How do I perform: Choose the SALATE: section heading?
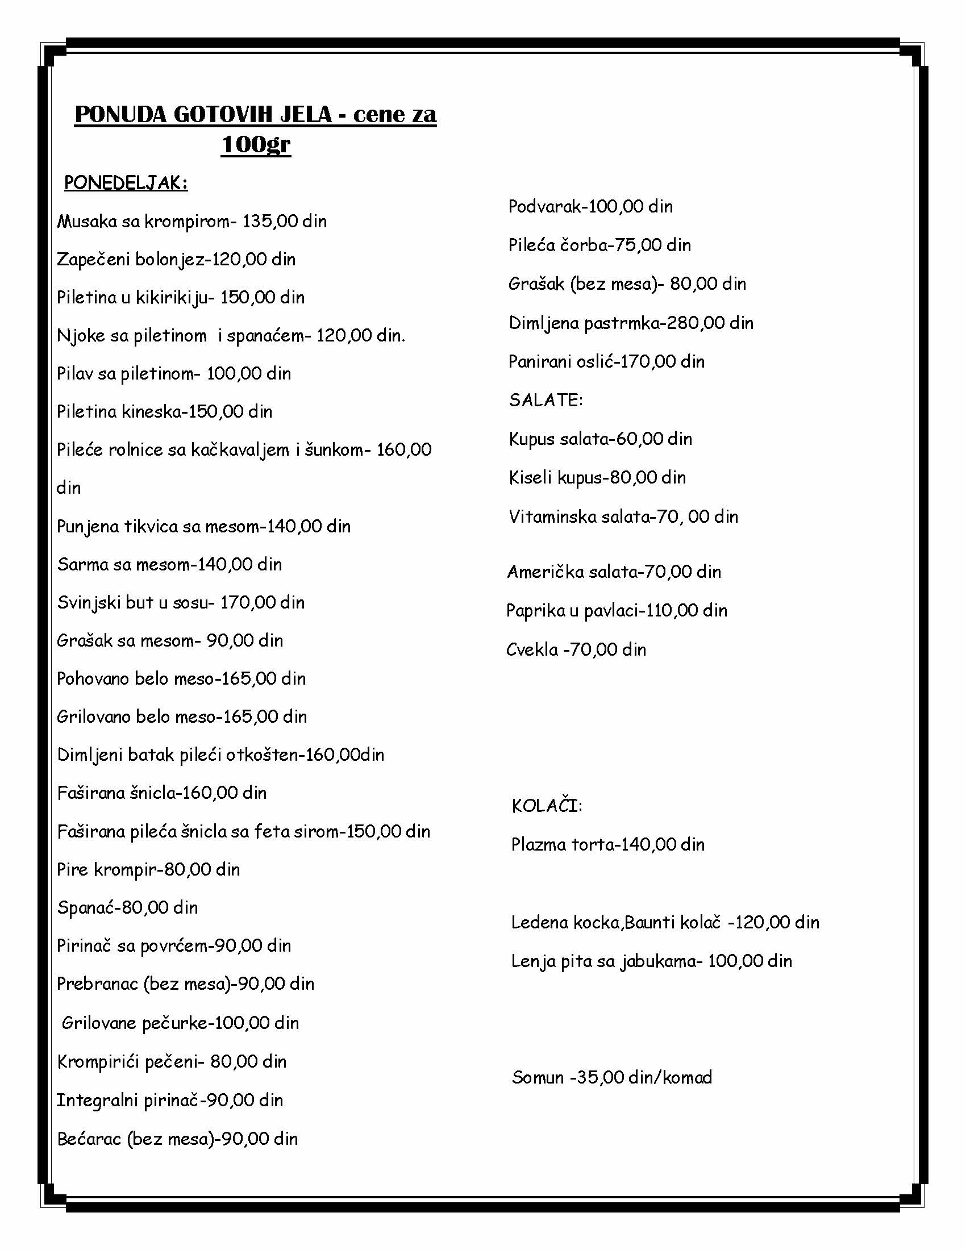pyautogui.click(x=546, y=400)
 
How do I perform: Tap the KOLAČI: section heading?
pyautogui.click(x=547, y=806)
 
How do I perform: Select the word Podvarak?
pyautogui.click(x=544, y=206)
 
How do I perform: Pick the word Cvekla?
pyautogui.click(x=532, y=649)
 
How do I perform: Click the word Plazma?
pyautogui.click(x=538, y=844)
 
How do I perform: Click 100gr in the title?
pyautogui.click(x=255, y=144)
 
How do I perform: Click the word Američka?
pyautogui.click(x=544, y=571)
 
